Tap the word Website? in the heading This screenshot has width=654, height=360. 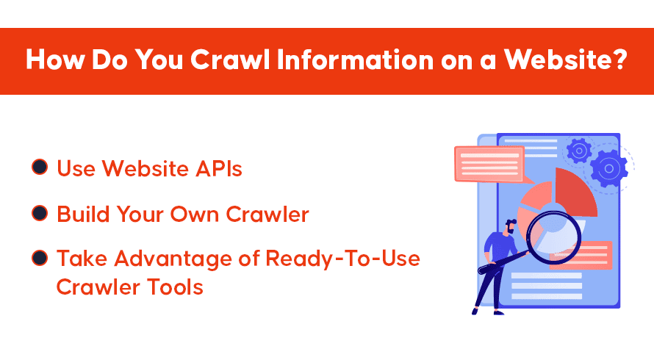(x=566, y=60)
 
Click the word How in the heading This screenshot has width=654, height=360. (x=55, y=60)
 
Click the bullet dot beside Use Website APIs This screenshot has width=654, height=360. (x=40, y=167)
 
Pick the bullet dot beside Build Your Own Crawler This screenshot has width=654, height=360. (x=40, y=213)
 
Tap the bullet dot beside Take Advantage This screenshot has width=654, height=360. (x=40, y=257)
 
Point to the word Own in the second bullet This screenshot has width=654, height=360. (x=195, y=215)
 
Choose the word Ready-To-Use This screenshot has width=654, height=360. (x=342, y=259)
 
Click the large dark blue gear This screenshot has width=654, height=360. (x=608, y=168)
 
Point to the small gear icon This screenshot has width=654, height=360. (x=579, y=151)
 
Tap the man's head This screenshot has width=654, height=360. (x=511, y=227)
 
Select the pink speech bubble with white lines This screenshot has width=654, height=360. (x=489, y=165)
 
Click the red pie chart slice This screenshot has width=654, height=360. (x=576, y=191)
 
